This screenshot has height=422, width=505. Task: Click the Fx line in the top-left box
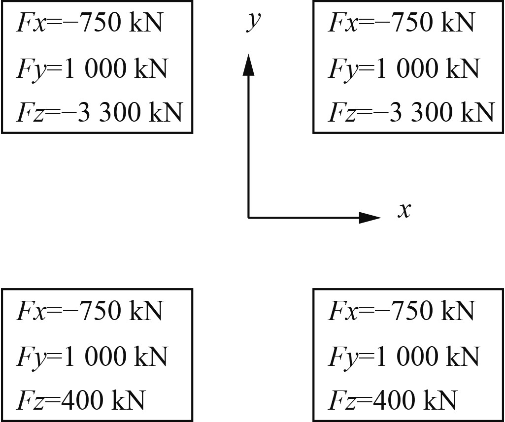(x=89, y=23)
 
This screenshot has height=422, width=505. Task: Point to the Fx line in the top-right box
(x=401, y=23)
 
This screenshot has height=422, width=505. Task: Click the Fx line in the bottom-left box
(x=89, y=311)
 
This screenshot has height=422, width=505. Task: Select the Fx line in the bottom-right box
(x=401, y=311)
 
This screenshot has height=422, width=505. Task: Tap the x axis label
(x=404, y=211)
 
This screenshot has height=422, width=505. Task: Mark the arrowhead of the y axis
(x=249, y=65)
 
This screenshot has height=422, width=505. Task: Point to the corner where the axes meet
(x=249, y=217)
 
